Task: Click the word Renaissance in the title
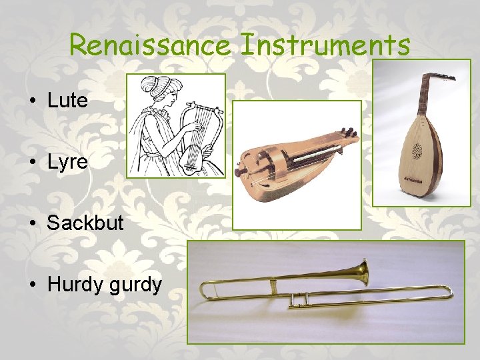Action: tap(150, 46)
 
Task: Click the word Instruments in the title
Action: tap(325, 46)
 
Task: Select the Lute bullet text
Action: tap(67, 101)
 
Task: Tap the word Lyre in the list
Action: tap(67, 161)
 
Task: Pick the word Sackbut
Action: tap(85, 223)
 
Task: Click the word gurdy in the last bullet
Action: tap(136, 285)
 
